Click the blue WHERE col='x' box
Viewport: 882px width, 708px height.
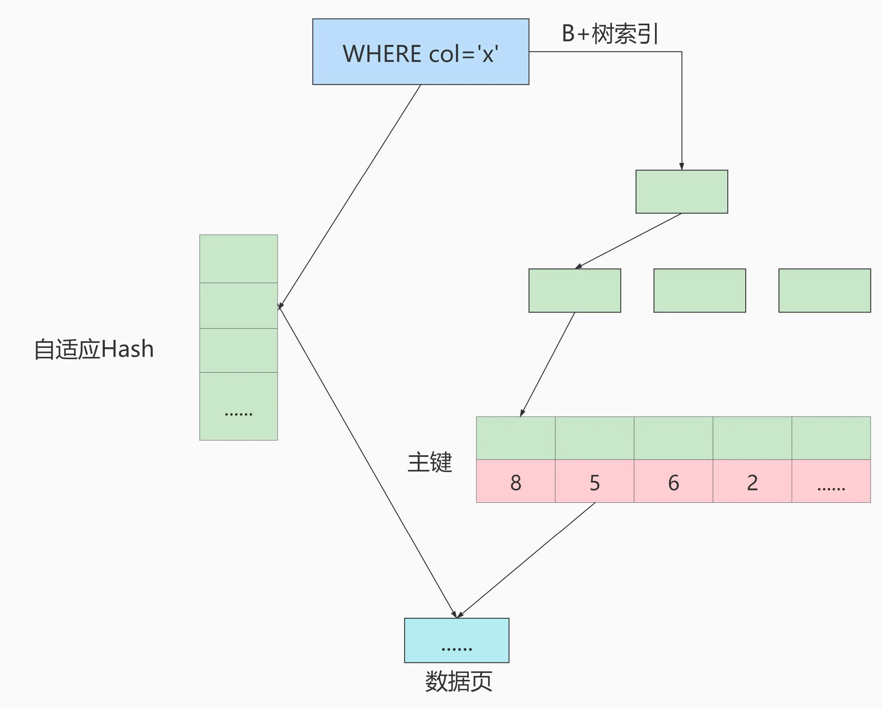pyautogui.click(x=421, y=52)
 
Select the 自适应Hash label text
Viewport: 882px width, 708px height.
pyautogui.click(x=94, y=349)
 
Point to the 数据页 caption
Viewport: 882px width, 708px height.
pyautogui.click(x=458, y=681)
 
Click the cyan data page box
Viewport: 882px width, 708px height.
pyautogui.click(x=457, y=640)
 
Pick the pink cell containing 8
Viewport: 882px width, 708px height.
pyautogui.click(x=515, y=481)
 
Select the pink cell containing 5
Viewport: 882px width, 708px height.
pyautogui.click(x=594, y=481)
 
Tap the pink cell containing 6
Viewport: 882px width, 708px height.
pyautogui.click(x=673, y=481)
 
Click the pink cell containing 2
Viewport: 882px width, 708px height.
pyautogui.click(x=752, y=481)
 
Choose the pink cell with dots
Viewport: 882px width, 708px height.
pyautogui.click(x=831, y=481)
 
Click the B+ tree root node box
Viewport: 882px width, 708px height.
pyautogui.click(x=682, y=192)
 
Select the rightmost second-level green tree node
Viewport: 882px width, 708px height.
pyautogui.click(x=824, y=291)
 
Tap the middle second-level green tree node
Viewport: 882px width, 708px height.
pyautogui.click(x=699, y=291)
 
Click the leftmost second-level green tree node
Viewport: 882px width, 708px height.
pyautogui.click(x=574, y=291)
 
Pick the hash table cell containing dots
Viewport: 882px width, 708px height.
pyautogui.click(x=238, y=406)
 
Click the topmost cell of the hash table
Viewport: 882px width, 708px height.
pyautogui.click(x=238, y=258)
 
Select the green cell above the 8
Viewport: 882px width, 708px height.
pyautogui.click(x=515, y=438)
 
